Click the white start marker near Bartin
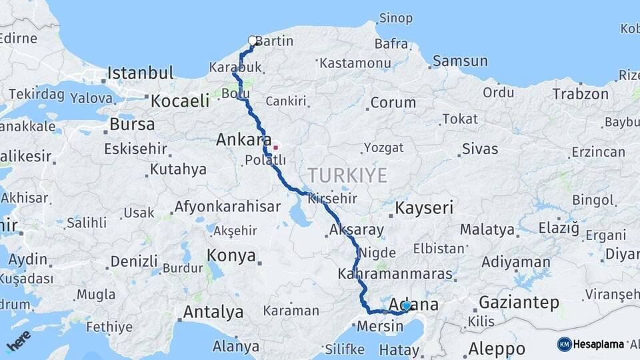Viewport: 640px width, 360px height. (x=253, y=41)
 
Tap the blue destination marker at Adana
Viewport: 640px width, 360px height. (x=406, y=306)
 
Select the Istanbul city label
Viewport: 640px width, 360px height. (x=140, y=73)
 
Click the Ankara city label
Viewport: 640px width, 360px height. (x=242, y=140)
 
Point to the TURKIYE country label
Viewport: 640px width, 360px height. (x=347, y=176)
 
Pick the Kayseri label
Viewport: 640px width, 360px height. (x=424, y=208)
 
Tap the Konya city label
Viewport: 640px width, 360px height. (x=231, y=255)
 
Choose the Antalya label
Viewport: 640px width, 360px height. (x=213, y=312)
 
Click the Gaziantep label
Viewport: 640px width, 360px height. (x=519, y=302)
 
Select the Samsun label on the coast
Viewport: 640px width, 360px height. (x=460, y=61)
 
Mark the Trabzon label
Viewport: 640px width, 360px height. (x=580, y=94)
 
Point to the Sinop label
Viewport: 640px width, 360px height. (x=396, y=18)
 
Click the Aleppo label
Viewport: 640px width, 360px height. (x=497, y=348)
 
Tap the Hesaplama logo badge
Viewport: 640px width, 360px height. (x=591, y=344)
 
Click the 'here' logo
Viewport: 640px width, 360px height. (x=19, y=341)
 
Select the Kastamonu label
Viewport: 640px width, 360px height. (x=355, y=63)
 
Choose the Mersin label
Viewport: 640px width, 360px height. (x=380, y=327)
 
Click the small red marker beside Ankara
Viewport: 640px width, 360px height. (x=275, y=147)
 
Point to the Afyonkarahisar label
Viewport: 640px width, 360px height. (x=227, y=207)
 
